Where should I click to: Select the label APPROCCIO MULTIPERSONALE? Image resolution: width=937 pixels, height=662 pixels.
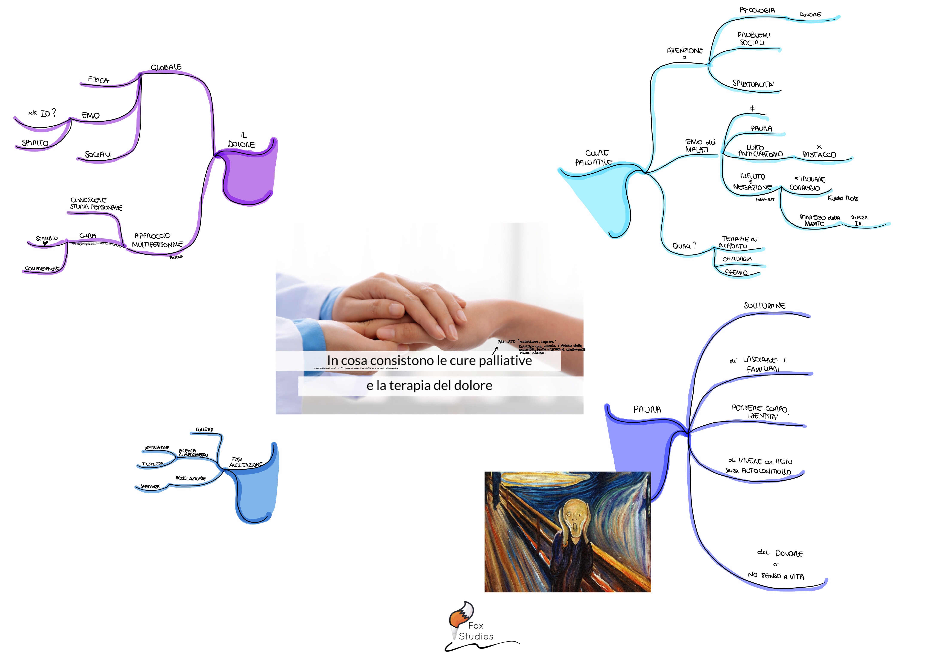coord(157,240)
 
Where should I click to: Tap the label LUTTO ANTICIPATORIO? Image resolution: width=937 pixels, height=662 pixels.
coord(760,151)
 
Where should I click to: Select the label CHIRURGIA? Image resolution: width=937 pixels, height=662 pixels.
coord(737,259)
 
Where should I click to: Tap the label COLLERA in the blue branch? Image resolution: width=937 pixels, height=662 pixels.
coord(204,429)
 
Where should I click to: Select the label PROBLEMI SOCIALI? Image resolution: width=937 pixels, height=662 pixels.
coord(754,39)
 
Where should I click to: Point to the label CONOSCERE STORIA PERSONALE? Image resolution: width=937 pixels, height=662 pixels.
coord(96,204)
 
